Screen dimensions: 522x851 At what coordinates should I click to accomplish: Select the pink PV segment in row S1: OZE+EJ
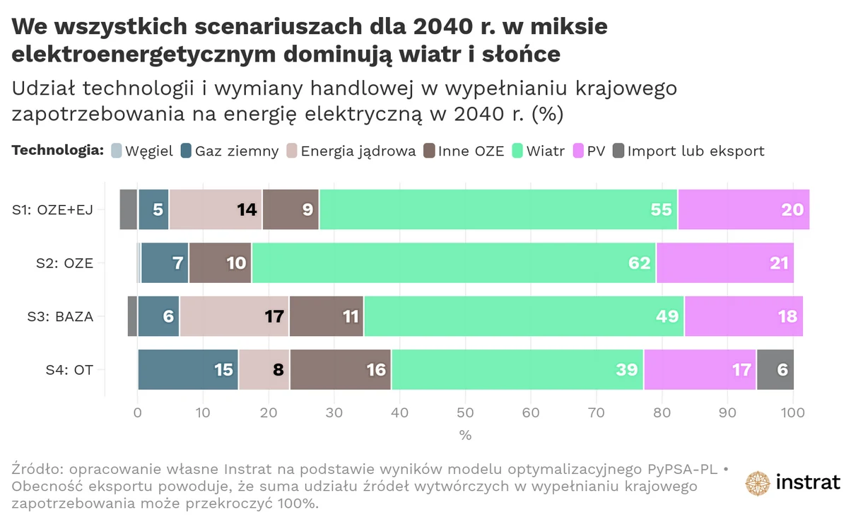[744, 209]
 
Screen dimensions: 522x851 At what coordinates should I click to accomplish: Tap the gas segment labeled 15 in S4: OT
[188, 369]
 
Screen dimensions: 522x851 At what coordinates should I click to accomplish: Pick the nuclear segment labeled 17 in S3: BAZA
[234, 316]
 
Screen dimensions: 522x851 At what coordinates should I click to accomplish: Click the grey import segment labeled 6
[775, 369]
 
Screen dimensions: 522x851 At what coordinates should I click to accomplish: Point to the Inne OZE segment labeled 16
[340, 369]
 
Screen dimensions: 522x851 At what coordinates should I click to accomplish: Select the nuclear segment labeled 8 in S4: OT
[264, 369]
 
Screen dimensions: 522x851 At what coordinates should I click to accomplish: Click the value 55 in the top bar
[660, 210]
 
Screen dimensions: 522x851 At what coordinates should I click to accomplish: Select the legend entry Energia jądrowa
[358, 151]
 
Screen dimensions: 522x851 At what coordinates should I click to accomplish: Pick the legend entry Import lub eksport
[696, 151]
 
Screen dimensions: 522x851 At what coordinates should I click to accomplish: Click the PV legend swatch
[577, 151]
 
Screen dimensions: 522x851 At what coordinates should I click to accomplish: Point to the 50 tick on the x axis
[465, 411]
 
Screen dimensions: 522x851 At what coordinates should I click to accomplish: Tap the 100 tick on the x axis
[792, 411]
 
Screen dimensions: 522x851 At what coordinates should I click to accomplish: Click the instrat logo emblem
[758, 483]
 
